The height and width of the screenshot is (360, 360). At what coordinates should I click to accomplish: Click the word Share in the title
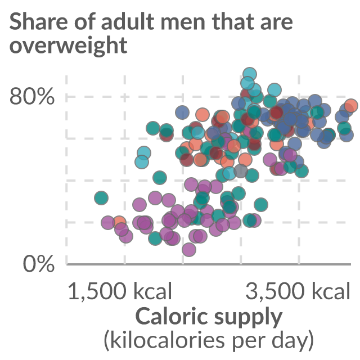pyautogui.click(x=38, y=21)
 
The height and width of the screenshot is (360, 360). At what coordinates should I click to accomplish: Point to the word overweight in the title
pyautogui.click(x=69, y=46)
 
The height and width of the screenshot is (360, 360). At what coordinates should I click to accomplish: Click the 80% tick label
pyautogui.click(x=32, y=96)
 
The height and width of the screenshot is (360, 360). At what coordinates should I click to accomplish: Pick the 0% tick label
pyautogui.click(x=39, y=264)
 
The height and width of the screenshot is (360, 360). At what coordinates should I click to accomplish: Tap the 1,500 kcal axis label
pyautogui.click(x=120, y=291)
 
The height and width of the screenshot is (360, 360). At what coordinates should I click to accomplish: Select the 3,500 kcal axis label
pyautogui.click(x=298, y=291)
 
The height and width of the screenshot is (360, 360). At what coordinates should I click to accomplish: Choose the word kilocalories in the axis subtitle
pyautogui.click(x=164, y=340)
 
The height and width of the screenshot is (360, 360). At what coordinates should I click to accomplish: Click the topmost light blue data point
pyautogui.click(x=250, y=75)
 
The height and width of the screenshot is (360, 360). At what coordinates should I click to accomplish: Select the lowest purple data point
pyautogui.click(x=189, y=250)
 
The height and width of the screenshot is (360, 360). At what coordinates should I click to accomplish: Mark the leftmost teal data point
pyautogui.click(x=101, y=197)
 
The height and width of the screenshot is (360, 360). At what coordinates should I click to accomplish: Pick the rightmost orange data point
pyautogui.click(x=351, y=106)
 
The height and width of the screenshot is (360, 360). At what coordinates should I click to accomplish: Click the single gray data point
pyautogui.click(x=241, y=171)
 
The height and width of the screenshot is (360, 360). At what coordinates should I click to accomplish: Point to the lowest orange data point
pyautogui.click(x=119, y=222)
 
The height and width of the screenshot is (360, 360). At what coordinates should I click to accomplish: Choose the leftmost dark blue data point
pyautogui.click(x=182, y=112)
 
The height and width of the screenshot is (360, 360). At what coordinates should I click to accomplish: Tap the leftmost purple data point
pyautogui.click(x=108, y=222)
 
